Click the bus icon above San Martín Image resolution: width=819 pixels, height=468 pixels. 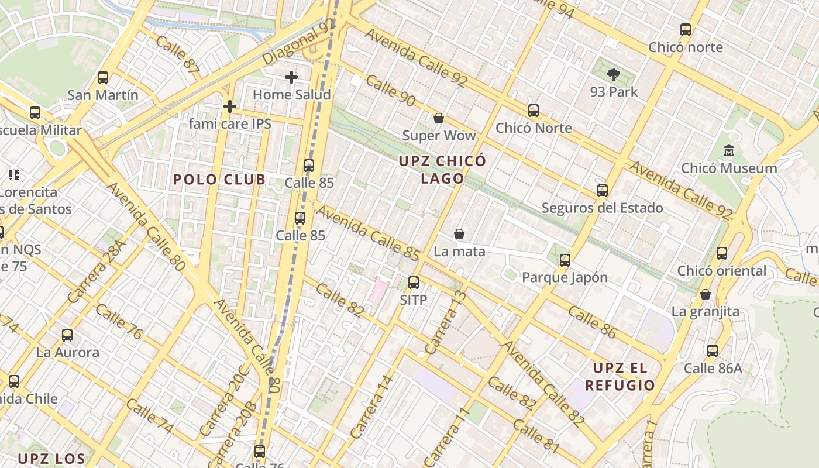(103, 77)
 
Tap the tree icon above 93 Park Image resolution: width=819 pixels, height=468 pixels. (614, 74)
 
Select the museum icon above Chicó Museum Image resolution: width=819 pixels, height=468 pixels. (729, 151)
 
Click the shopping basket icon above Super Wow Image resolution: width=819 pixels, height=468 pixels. (439, 118)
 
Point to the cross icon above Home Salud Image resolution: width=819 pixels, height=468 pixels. (291, 77)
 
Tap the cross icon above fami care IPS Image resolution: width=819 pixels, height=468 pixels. (230, 106)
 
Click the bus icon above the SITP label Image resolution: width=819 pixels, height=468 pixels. (414, 283)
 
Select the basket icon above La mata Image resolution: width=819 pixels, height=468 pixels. (459, 234)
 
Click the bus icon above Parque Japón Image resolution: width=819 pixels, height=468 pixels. (565, 260)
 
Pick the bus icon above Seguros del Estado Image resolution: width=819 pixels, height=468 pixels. (603, 190)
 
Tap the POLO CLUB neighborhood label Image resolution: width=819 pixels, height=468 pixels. (219, 180)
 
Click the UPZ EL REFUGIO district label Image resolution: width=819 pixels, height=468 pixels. (620, 377)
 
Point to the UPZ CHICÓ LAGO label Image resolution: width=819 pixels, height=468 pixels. (443, 169)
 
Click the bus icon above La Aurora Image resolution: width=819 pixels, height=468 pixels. (67, 335)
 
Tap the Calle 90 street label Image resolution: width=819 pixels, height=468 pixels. (390, 90)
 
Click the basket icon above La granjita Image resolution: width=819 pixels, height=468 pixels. (706, 294)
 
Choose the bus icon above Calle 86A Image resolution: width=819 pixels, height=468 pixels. (713, 351)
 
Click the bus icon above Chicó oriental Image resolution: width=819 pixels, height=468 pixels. (722, 253)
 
